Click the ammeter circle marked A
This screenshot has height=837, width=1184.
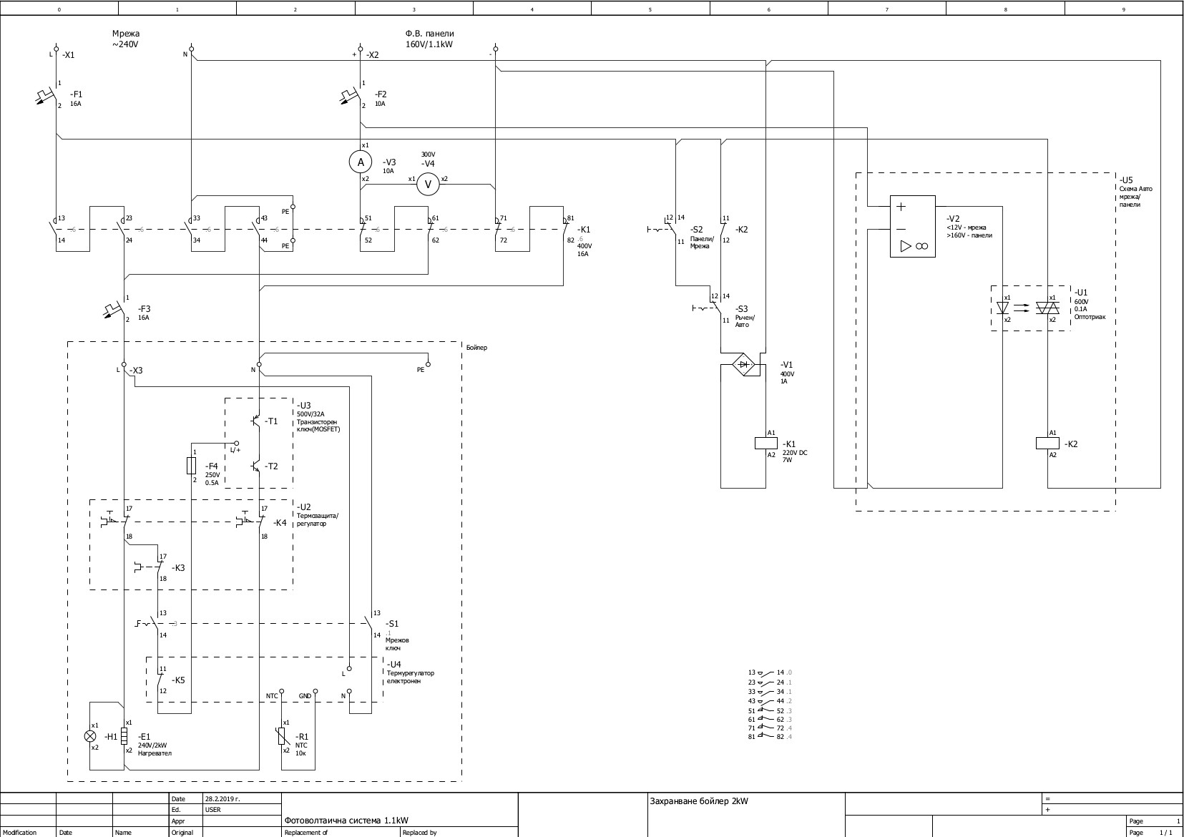pos(361,162)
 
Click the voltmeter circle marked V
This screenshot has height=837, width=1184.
pos(429,184)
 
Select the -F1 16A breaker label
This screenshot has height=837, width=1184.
pos(76,98)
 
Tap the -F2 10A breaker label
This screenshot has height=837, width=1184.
pos(381,98)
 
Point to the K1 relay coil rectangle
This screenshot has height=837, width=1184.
pos(766,444)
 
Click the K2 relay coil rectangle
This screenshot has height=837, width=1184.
pos(1047,444)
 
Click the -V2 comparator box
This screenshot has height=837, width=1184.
pos(912,226)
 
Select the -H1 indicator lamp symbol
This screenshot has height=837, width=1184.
pos(90,735)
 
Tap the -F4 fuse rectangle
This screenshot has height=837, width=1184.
pos(191,466)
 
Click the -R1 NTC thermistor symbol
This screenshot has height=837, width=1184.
pos(282,735)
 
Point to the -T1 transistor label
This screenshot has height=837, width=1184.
pos(271,421)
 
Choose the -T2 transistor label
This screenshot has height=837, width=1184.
pos(271,466)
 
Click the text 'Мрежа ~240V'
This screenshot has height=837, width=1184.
pos(125,39)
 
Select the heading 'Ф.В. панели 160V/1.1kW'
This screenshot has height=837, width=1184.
pos(429,39)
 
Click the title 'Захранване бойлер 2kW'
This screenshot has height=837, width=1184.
pos(698,801)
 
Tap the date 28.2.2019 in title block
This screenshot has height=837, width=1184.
pos(220,798)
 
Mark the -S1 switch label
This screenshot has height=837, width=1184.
pos(392,624)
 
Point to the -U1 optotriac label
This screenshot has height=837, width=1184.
pos(1080,293)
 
